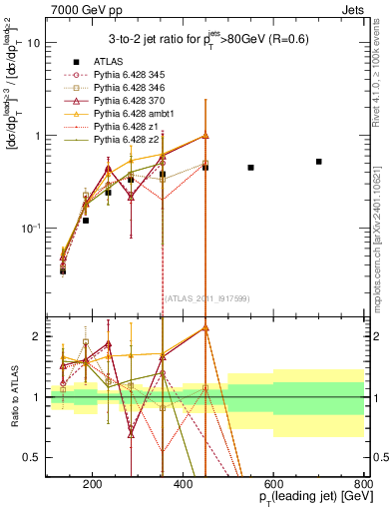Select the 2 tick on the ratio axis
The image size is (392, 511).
(39, 336)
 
